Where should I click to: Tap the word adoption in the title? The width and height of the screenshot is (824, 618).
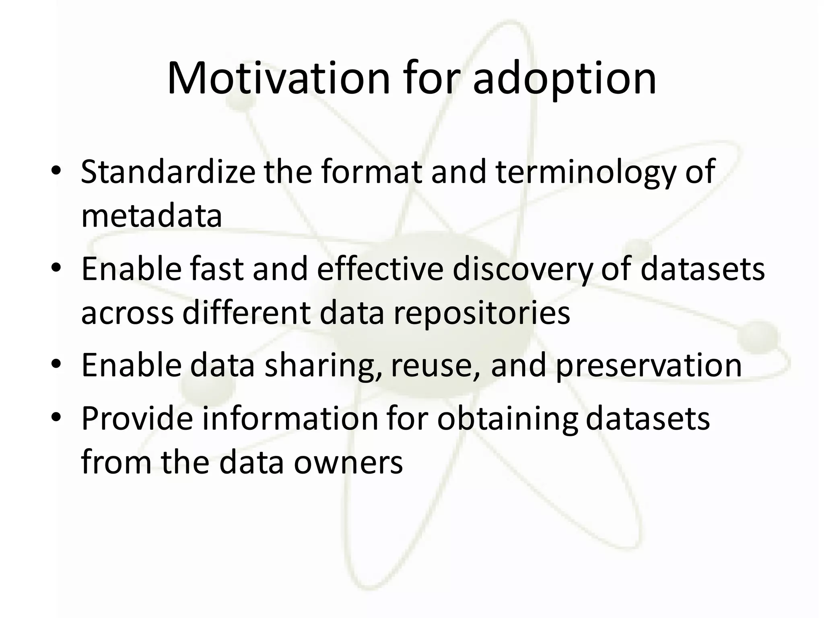564,79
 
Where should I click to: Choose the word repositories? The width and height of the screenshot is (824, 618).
482,313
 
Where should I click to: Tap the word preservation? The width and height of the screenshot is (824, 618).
649,365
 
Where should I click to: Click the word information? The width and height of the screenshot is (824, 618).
290,419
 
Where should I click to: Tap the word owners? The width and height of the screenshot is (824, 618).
348,462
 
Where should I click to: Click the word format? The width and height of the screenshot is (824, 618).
372,172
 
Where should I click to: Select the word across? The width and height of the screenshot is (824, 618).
128,313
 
